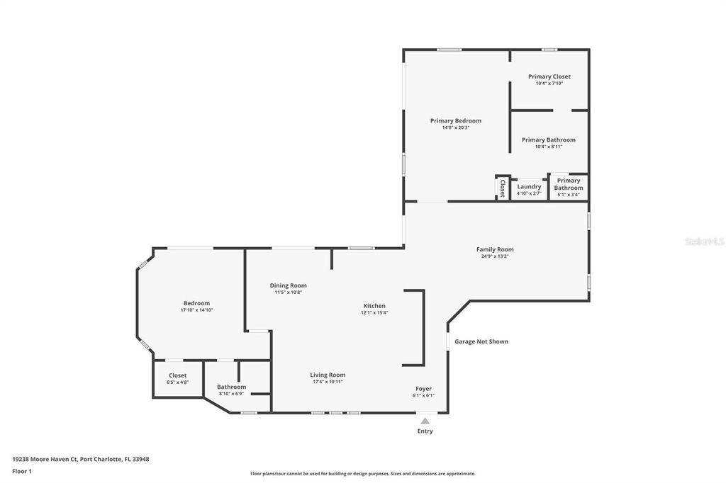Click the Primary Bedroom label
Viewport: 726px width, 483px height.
pos(455,120)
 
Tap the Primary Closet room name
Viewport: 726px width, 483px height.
pos(549,76)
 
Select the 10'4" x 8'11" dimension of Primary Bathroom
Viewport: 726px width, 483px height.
pos(548,147)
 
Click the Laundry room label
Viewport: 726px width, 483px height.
pos(529,186)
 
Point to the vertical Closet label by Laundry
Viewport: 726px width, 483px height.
pos(503,188)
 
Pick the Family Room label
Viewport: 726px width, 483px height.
pos(494,249)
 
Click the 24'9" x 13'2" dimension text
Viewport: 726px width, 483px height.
pos(494,256)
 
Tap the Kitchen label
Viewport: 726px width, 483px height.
pos(374,305)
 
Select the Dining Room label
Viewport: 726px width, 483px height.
pos(288,285)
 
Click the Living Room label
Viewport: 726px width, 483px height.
pos(327,375)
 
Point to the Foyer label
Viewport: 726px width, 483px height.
pos(423,388)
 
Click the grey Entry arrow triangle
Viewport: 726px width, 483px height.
pos(425,421)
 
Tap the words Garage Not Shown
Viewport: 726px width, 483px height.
pos(481,341)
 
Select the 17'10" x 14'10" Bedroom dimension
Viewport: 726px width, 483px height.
pos(196,310)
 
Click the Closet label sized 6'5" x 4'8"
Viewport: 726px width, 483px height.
pos(177,375)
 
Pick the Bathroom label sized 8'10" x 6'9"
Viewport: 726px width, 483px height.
pos(231,387)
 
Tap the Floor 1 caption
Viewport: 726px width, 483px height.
pos(22,470)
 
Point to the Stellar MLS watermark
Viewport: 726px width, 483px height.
pos(704,241)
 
